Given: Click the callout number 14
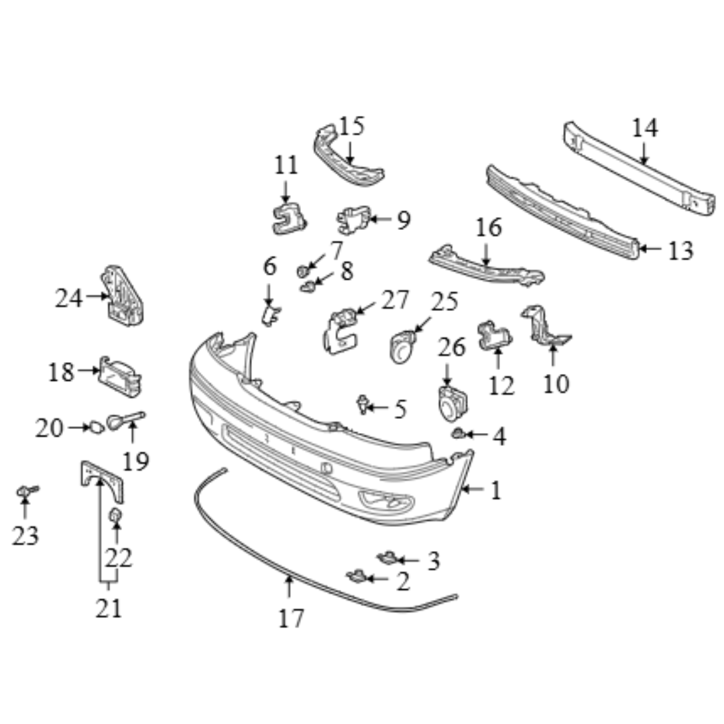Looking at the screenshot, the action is [645, 128].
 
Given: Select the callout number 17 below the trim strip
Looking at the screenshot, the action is [292, 618].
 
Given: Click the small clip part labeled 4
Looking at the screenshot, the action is [458, 433].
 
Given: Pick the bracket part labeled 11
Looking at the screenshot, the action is [289, 219].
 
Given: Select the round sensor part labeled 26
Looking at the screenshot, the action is [452, 404].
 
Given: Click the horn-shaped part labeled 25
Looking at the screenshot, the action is [402, 347].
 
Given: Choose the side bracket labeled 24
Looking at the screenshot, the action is [121, 296].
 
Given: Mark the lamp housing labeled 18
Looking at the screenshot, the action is [119, 376].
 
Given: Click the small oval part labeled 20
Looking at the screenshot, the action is [97, 427].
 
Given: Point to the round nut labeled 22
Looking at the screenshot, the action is [115, 515].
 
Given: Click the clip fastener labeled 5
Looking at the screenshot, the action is [363, 404].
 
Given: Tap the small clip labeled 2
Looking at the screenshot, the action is [356, 576].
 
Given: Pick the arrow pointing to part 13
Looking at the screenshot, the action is [651, 249].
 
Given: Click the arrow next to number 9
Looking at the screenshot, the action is [381, 219].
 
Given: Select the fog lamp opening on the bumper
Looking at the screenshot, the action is [386, 499].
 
